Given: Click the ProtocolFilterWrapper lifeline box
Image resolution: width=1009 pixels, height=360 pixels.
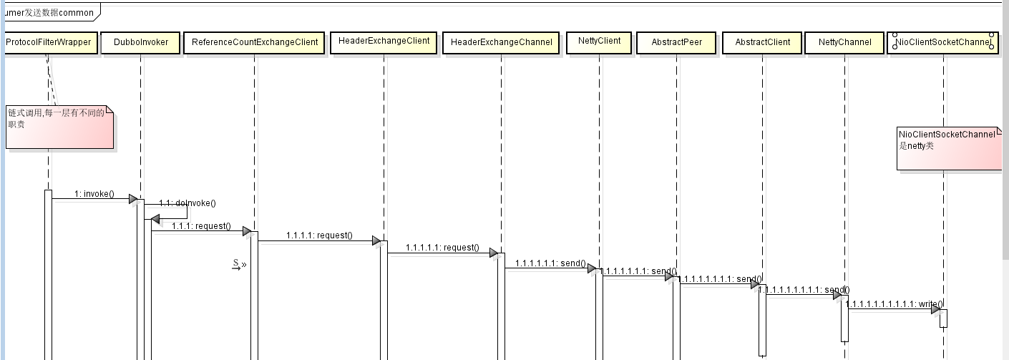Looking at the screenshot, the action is (x=49, y=42).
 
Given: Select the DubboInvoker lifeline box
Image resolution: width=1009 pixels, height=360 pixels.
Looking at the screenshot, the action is (x=141, y=42).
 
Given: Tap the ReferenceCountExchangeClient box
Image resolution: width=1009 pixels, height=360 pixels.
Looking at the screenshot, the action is (x=254, y=42).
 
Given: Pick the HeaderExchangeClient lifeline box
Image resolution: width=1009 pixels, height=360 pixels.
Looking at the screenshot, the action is (x=384, y=42).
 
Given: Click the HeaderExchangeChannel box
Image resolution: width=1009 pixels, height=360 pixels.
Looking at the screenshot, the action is (x=501, y=42).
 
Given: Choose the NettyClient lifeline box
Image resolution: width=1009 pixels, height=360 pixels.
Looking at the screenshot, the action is (x=599, y=42).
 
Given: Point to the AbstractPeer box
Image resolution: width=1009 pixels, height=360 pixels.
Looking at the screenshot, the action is (x=676, y=42).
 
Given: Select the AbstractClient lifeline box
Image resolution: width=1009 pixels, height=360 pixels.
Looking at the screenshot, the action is (x=762, y=42).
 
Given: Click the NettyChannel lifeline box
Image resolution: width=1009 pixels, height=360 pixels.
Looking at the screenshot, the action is (x=844, y=42).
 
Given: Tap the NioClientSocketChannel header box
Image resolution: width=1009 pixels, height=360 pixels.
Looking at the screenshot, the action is (x=943, y=42).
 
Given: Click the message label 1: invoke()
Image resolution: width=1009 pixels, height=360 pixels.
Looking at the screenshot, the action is (x=94, y=193).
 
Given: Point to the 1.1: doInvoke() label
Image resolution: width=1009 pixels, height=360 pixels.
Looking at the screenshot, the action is (x=187, y=203).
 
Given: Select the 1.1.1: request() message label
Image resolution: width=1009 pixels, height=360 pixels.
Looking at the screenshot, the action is (x=201, y=226).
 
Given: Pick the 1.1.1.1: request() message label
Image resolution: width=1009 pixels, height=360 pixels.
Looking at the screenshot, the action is (x=319, y=235).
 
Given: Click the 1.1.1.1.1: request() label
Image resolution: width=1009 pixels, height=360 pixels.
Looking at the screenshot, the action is (x=442, y=248).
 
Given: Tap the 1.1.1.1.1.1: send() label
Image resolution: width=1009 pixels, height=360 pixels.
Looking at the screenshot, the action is (x=550, y=263).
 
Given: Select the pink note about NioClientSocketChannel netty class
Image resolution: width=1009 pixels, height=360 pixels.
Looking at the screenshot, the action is (x=949, y=149).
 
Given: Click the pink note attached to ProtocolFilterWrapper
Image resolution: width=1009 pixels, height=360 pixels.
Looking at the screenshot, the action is (x=59, y=127).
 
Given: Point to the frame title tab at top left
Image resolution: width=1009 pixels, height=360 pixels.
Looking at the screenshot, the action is (x=47, y=12).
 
